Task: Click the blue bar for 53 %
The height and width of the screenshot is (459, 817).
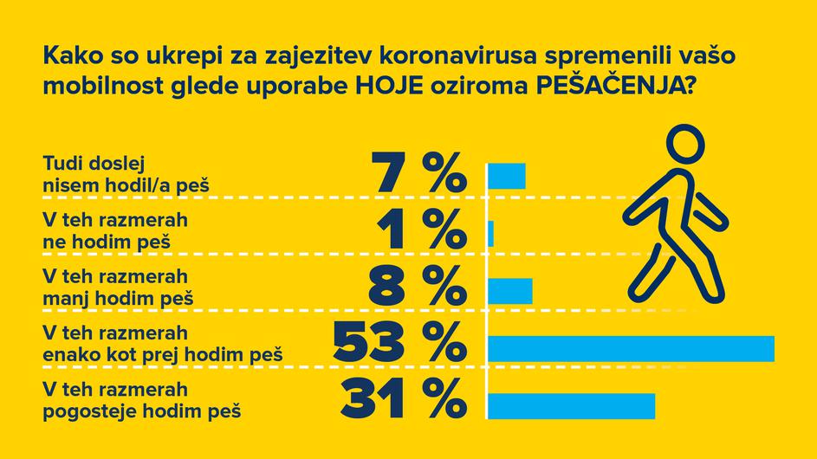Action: click(x=631, y=346)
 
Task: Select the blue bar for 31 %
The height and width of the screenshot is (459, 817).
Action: click(x=572, y=405)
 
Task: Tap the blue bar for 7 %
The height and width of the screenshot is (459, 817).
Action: click(x=508, y=175)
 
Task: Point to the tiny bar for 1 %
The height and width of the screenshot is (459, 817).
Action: click(x=491, y=233)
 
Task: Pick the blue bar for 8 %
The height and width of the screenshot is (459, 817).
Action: click(x=511, y=290)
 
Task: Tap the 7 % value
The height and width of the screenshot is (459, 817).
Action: click(x=419, y=173)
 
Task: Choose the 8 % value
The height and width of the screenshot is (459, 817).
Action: click(x=418, y=288)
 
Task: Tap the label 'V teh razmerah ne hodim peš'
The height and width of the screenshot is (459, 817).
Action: click(x=114, y=230)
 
